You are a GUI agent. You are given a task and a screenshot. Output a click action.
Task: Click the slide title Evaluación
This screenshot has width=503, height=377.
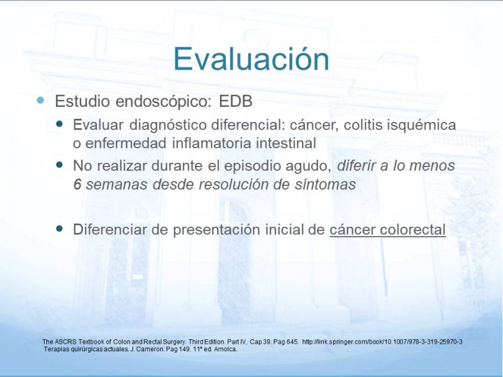[x=251, y=58]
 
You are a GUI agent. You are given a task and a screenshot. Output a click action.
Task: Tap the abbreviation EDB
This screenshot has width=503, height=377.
[x=236, y=101]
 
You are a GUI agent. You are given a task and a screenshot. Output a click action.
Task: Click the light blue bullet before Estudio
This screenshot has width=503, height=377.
[x=40, y=101]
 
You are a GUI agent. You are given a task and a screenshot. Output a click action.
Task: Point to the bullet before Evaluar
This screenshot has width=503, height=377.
[x=59, y=123]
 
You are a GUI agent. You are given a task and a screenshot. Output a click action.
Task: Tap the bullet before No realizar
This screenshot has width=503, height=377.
[x=59, y=165]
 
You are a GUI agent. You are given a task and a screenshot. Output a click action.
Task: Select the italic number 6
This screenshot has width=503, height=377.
[x=77, y=184]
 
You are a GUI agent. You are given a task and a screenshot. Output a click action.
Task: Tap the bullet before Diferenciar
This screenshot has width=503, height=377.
[x=59, y=228]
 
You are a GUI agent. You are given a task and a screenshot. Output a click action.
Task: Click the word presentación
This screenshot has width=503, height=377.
[x=217, y=230]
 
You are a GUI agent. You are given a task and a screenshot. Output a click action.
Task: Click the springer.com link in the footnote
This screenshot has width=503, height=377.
[x=382, y=342]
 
